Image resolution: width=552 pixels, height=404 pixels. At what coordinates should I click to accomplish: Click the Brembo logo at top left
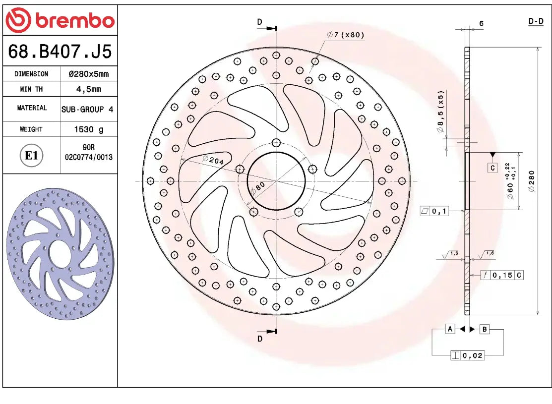click(60, 20)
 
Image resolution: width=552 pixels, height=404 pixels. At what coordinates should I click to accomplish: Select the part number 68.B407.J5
click(60, 51)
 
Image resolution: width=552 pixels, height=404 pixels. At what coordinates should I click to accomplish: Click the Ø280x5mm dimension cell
click(88, 74)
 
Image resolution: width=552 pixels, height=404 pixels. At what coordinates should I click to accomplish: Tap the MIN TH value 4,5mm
click(88, 89)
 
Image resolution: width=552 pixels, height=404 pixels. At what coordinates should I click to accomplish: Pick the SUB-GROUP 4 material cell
click(87, 109)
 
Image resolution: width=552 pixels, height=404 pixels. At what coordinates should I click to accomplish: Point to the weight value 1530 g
click(89, 129)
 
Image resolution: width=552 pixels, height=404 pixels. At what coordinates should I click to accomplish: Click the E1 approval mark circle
click(31, 156)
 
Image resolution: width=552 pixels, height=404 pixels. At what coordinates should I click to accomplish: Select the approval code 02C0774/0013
click(89, 157)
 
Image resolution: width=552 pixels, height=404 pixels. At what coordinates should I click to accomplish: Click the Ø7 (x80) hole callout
click(346, 35)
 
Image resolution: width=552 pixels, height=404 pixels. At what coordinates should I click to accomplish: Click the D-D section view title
click(536, 21)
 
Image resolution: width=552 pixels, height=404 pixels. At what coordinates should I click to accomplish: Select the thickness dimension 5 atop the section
click(481, 23)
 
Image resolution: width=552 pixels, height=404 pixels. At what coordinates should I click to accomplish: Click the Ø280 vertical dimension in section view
click(532, 181)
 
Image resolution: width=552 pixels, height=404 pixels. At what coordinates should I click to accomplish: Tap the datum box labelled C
click(492, 168)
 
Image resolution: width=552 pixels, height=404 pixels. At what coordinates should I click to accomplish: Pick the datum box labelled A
click(450, 329)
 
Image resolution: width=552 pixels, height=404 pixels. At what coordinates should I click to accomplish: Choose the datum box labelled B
click(485, 329)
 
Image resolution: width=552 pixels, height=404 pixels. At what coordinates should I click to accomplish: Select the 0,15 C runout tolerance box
click(501, 275)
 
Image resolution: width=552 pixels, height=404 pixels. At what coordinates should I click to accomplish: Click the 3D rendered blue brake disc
click(60, 253)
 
